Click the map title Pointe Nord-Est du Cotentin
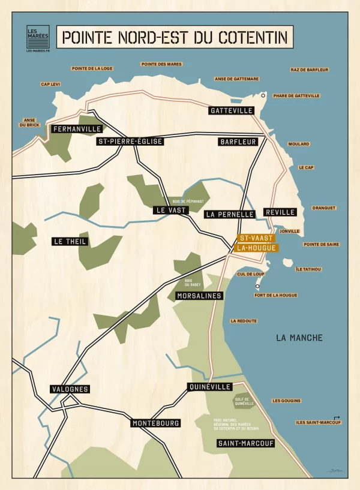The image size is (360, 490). [x=175, y=37]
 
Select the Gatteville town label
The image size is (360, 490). [x=232, y=111]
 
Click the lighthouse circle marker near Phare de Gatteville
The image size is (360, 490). [x=263, y=95]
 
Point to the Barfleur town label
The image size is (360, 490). [x=238, y=142]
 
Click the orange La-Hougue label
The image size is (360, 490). [x=256, y=248]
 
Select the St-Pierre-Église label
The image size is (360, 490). [x=130, y=142]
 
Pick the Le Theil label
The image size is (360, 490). [x=70, y=242]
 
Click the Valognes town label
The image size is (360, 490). [x=70, y=389]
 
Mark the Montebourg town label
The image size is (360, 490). [x=155, y=423]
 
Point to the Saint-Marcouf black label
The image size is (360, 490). [x=246, y=444]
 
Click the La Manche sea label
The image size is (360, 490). [x=299, y=338]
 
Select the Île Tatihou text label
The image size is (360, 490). [x=308, y=269]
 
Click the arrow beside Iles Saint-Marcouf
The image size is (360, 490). [x=337, y=417]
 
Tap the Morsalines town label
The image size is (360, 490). [x=199, y=296]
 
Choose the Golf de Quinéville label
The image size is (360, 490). [x=244, y=401]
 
